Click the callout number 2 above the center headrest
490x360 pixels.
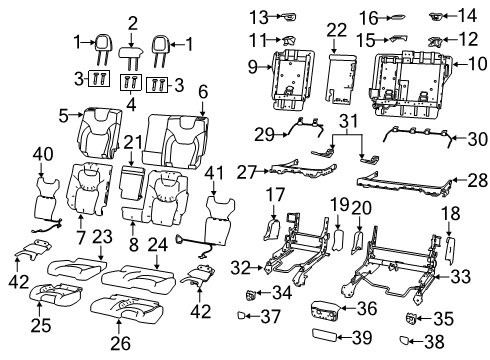(x=132, y=21)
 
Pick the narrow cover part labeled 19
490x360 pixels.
(x=338, y=239)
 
